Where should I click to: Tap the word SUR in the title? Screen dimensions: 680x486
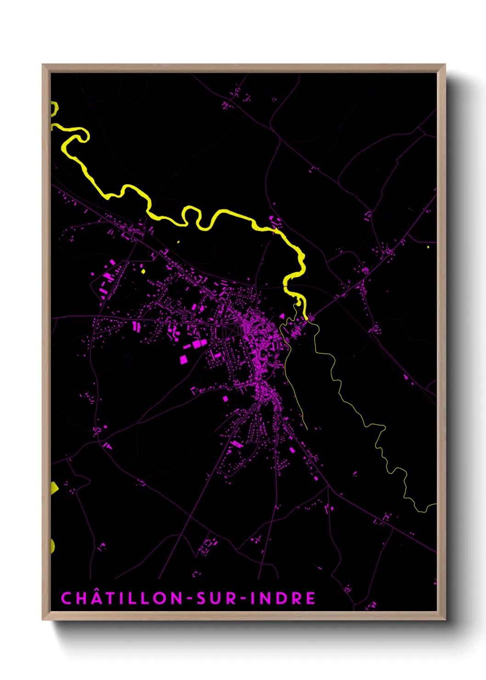click(216, 598)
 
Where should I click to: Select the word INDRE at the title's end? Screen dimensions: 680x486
click(283, 598)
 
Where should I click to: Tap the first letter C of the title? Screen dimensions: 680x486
click(66, 598)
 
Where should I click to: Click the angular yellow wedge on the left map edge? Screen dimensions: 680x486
click(54, 488)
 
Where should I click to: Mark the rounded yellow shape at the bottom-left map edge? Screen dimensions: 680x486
click(53, 546)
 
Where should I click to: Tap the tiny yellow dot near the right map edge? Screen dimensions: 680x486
click(428, 247)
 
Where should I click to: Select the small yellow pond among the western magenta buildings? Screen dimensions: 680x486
click(143, 271)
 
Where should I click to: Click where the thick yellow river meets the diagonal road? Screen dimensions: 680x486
click(305, 317)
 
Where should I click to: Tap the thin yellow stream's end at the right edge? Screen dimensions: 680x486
click(435, 505)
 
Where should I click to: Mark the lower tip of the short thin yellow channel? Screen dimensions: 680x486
click(306, 429)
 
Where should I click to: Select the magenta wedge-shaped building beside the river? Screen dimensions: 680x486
click(282, 317)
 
